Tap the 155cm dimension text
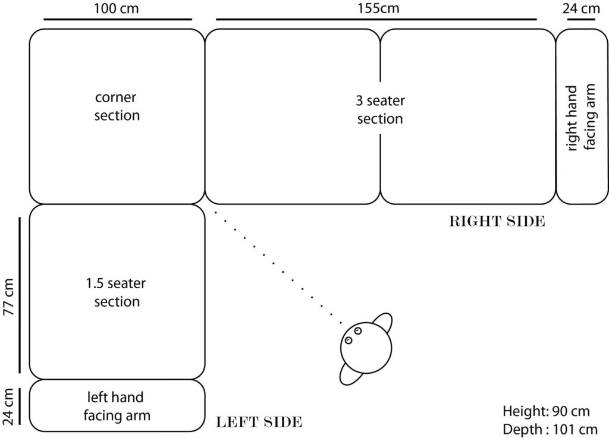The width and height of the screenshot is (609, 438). (x=379, y=9)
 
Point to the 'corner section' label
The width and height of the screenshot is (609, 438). (x=117, y=106)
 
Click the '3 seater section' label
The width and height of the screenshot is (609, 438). (x=380, y=109)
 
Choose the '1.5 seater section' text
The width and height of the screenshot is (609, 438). (x=117, y=292)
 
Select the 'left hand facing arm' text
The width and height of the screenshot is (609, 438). (x=117, y=405)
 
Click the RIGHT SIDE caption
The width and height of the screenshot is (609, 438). (x=497, y=222)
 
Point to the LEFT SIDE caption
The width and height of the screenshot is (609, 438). (x=259, y=423)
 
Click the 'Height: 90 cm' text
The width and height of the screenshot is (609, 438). (x=547, y=411)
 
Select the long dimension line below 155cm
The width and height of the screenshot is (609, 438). (x=376, y=20)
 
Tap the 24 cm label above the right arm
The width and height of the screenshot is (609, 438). (x=581, y=9)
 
